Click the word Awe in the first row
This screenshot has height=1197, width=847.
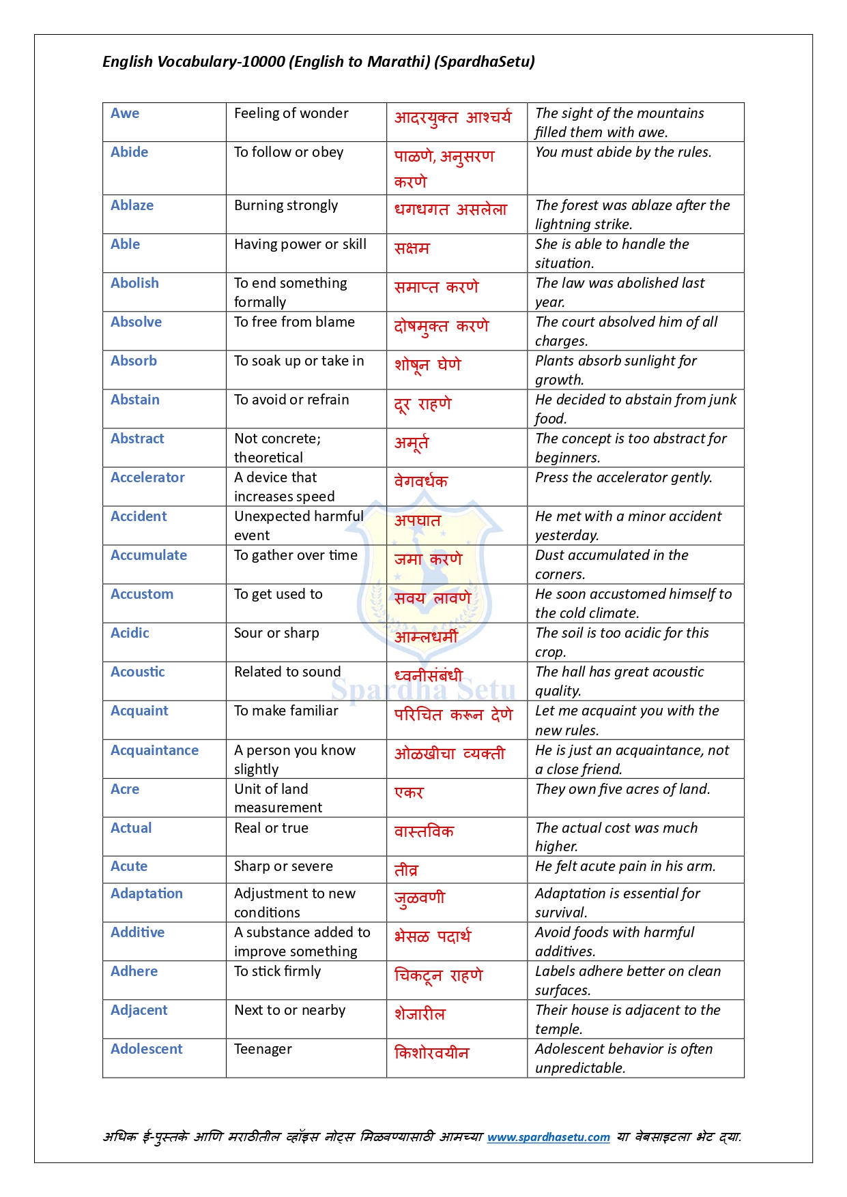click(125, 113)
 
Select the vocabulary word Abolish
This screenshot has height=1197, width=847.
click(134, 283)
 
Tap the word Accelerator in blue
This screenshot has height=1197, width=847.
click(147, 477)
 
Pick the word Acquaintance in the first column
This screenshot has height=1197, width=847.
click(154, 750)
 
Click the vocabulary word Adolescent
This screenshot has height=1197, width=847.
click(146, 1049)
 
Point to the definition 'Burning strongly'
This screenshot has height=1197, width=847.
click(286, 205)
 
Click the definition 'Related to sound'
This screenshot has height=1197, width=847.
click(287, 672)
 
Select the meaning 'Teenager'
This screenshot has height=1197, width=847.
click(263, 1049)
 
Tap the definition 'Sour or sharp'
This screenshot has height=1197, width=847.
click(276, 633)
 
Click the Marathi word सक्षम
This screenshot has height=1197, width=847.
click(412, 248)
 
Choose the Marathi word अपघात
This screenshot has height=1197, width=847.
click(418, 520)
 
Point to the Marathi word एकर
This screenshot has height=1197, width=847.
click(409, 793)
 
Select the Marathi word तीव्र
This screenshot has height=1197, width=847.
click(406, 870)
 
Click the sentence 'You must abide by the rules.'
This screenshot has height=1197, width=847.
click(623, 152)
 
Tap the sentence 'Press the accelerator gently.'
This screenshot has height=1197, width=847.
click(623, 477)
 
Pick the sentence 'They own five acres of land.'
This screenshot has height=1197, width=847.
click(622, 789)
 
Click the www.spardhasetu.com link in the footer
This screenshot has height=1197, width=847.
click(548, 1137)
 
